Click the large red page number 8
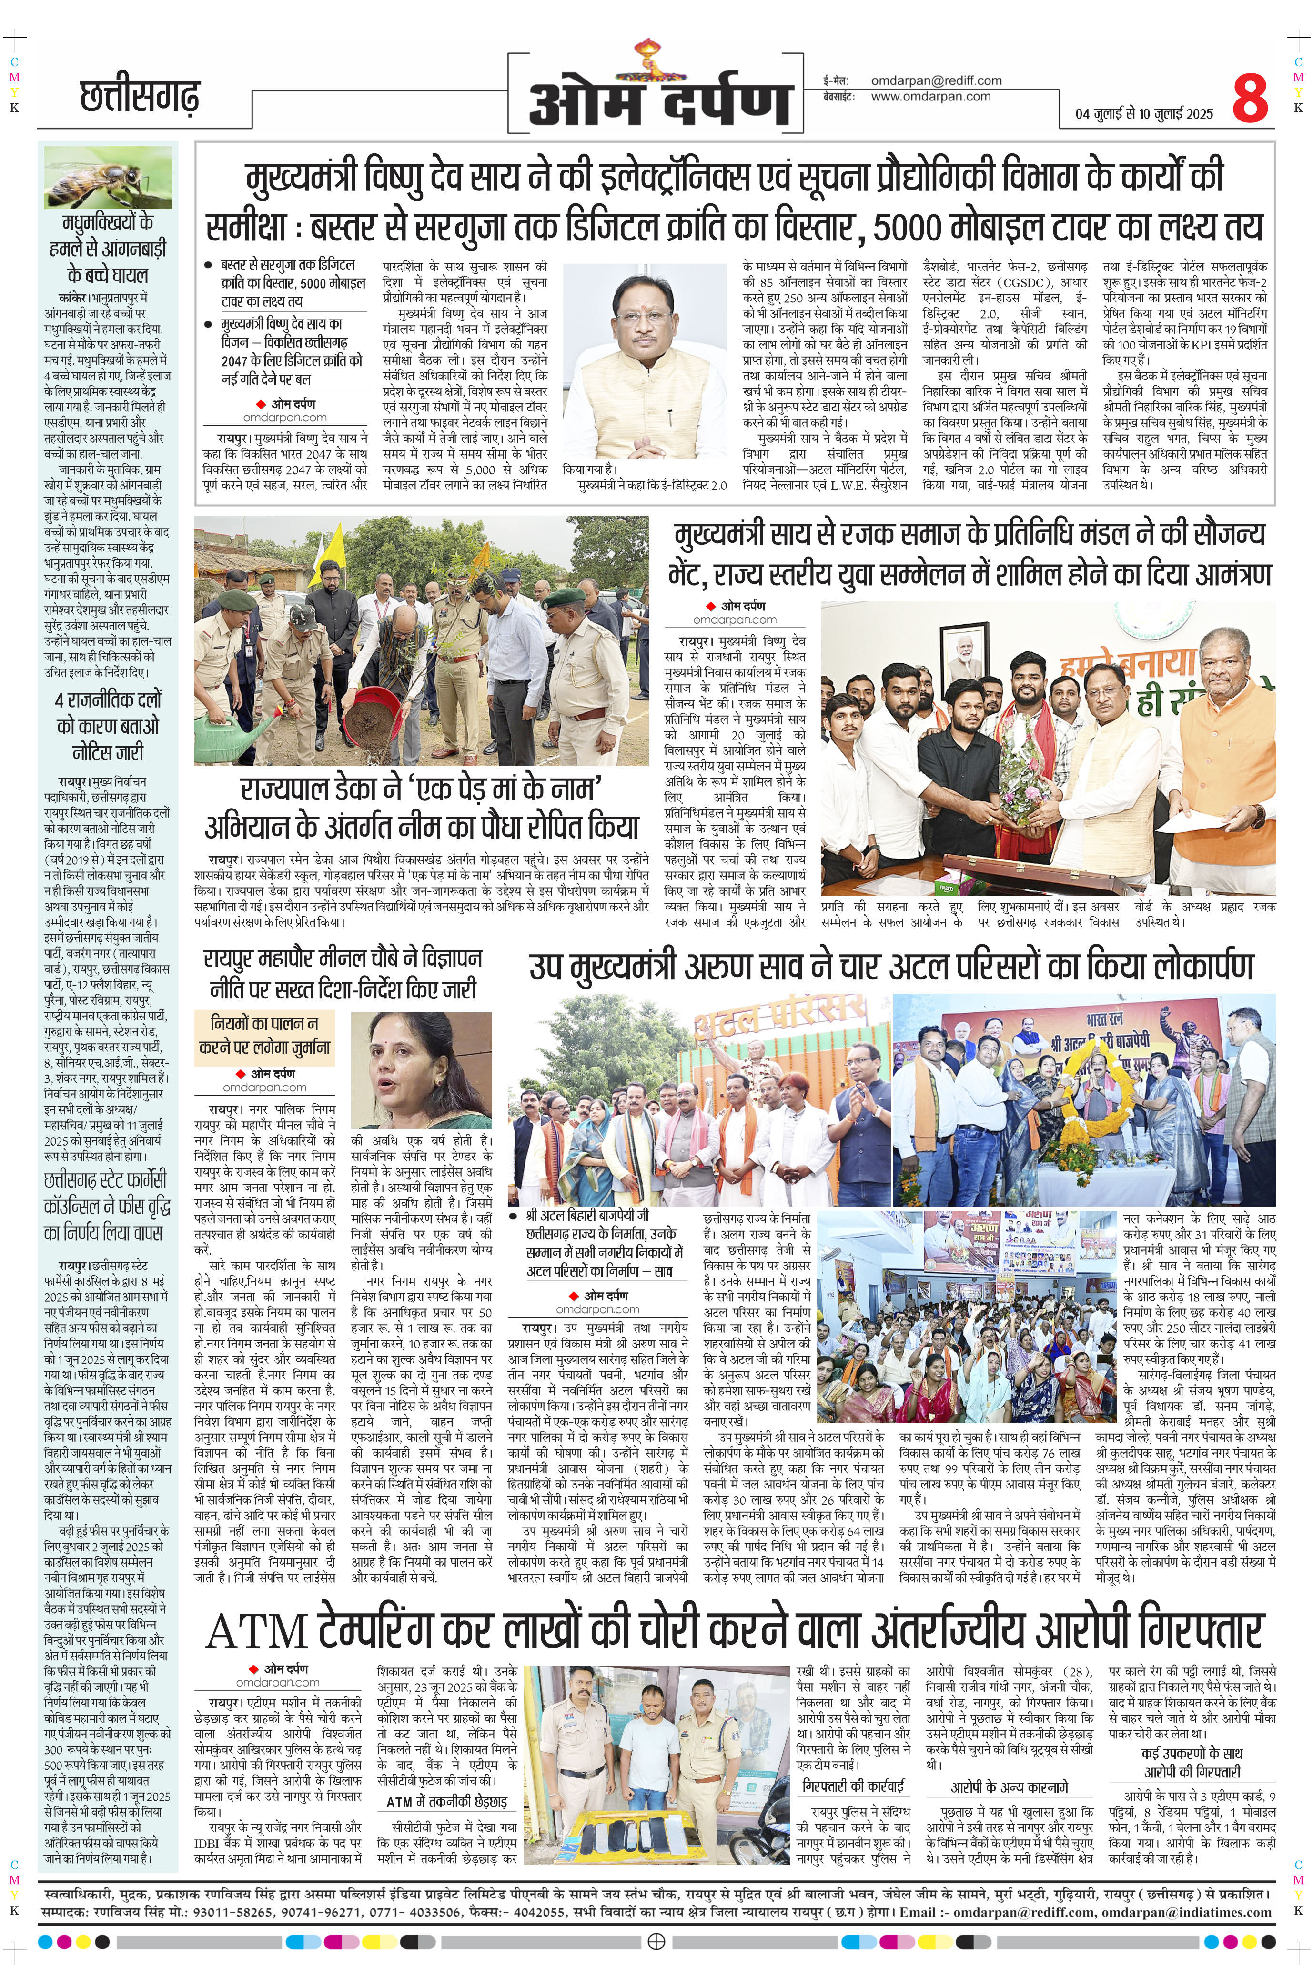coord(1250,99)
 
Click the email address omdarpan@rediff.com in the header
coord(936,80)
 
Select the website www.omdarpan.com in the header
coord(930,96)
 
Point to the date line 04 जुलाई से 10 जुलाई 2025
coord(1144,114)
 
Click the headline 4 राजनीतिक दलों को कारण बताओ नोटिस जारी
coord(108,725)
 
